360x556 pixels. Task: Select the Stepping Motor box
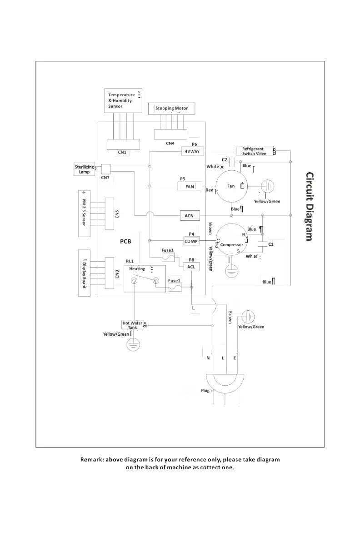[172, 109]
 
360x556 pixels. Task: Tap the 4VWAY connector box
[194, 151]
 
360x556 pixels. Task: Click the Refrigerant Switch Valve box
[255, 151]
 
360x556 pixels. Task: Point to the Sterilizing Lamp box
[84, 169]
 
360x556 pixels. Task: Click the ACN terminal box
[190, 215]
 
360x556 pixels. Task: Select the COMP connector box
[191, 241]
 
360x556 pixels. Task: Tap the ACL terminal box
[191, 267]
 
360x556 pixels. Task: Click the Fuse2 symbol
[168, 257]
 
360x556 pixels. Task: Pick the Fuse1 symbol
[175, 288]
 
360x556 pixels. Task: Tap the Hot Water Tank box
[132, 325]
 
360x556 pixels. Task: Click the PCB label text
[125, 241]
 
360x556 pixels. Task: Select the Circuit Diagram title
[309, 206]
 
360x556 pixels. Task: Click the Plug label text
[205, 390]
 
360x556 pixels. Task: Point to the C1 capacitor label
[271, 244]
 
